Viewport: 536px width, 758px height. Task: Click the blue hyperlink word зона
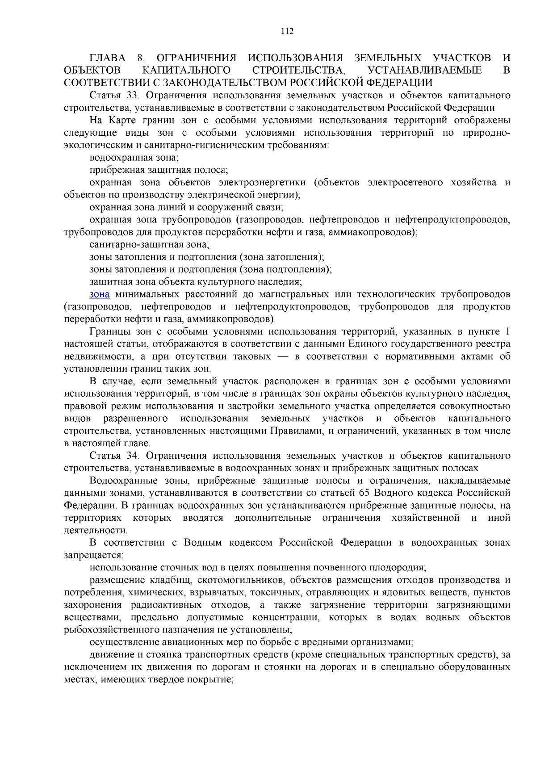pos(99,294)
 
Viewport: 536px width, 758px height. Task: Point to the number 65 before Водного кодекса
pos(364,493)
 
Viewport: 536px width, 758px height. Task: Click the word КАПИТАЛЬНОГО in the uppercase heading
pos(186,71)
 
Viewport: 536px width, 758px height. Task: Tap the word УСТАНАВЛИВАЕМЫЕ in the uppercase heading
pos(424,71)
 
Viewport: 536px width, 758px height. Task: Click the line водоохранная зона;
pos(134,158)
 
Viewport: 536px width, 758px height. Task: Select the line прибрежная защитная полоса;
pos(159,170)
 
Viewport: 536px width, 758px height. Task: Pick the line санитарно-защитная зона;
pos(149,245)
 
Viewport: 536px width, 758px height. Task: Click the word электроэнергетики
pos(262,183)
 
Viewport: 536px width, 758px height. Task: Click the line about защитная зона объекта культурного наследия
pos(196,282)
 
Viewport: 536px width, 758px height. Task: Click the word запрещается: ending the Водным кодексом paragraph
pos(93,555)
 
